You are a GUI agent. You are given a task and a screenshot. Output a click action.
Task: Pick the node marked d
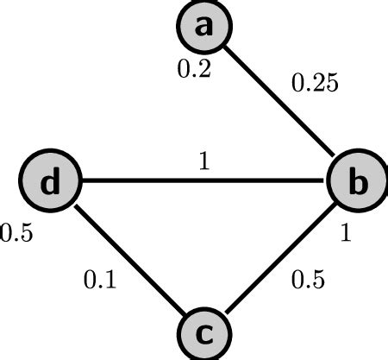pyautogui.click(x=51, y=183)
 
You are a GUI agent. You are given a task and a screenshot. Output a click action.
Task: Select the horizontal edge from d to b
pyautogui.click(x=203, y=183)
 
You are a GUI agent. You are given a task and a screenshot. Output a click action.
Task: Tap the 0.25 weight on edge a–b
pyautogui.click(x=316, y=85)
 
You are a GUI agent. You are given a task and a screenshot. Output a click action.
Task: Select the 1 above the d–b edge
pyautogui.click(x=204, y=162)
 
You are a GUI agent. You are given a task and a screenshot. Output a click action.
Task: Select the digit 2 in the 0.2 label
pyautogui.click(x=203, y=70)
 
